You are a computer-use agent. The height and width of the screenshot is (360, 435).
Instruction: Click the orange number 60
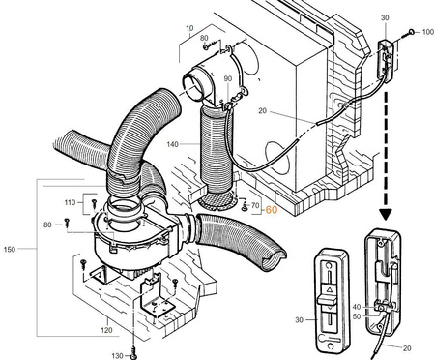pyautogui.click(x=272, y=210)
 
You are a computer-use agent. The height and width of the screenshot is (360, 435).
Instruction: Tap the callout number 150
pyautogui.click(x=10, y=249)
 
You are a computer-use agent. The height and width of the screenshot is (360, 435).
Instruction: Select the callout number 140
pyautogui.click(x=172, y=144)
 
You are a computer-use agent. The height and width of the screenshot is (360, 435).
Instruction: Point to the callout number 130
pyautogui.click(x=118, y=356)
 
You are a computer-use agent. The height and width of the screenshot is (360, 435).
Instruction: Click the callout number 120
pyautogui.click(x=106, y=330)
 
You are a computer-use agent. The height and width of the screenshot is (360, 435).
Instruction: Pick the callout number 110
pyautogui.click(x=70, y=202)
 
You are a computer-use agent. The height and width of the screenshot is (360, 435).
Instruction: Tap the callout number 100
pyautogui.click(x=428, y=32)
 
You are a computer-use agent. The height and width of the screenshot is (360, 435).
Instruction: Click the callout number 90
pyautogui.click(x=228, y=78)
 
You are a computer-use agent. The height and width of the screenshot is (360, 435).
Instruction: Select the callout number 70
pyautogui.click(x=255, y=205)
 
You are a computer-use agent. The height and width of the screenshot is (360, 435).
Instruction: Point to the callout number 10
pyautogui.click(x=189, y=28)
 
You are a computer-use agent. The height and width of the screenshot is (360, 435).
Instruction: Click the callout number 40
pyautogui.click(x=357, y=307)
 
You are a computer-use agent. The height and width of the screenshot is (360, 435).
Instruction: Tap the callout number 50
pyautogui.click(x=357, y=316)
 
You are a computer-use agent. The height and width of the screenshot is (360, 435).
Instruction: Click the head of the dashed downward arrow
pyautogui.click(x=386, y=215)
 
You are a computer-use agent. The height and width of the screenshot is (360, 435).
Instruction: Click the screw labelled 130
pyautogui.click(x=133, y=352)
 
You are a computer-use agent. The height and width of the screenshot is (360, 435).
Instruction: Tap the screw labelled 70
pyautogui.click(x=245, y=206)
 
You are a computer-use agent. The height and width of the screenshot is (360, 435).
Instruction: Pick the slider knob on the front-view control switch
pyautogui.click(x=329, y=299)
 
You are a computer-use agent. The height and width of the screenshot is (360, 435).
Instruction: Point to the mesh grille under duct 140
pyautogui.click(x=217, y=200)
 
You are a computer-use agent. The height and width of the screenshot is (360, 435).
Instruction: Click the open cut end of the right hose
pyautogui.click(x=274, y=259)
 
